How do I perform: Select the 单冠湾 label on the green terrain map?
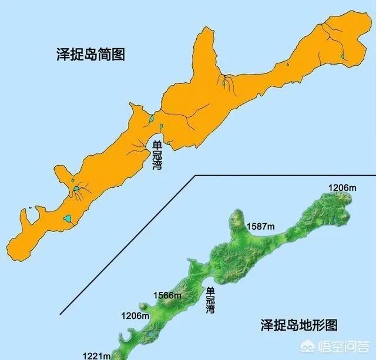coord(210,300)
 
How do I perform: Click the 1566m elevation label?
coord(167,295)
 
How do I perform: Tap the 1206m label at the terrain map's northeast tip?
coord(343,187)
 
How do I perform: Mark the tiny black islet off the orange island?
coord(30,207)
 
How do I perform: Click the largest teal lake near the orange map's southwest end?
coord(68,218)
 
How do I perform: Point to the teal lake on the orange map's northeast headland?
coord(343,57)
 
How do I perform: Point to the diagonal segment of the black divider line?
coord(129,243)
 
